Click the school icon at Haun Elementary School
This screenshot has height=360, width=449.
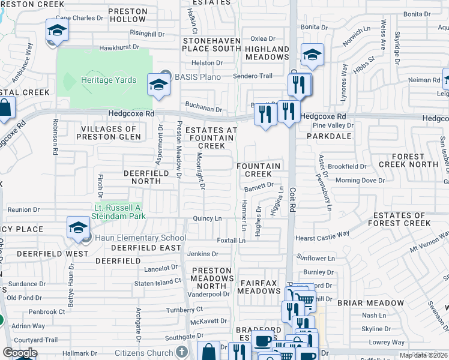point(78,227)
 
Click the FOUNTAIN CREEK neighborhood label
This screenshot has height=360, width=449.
point(258,170)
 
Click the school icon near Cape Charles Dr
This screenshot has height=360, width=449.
point(56,31)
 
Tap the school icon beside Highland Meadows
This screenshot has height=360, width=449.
point(312,55)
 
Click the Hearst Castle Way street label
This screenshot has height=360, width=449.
point(322,238)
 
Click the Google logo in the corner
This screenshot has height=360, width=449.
point(20,353)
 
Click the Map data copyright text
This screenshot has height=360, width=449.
point(424,355)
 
